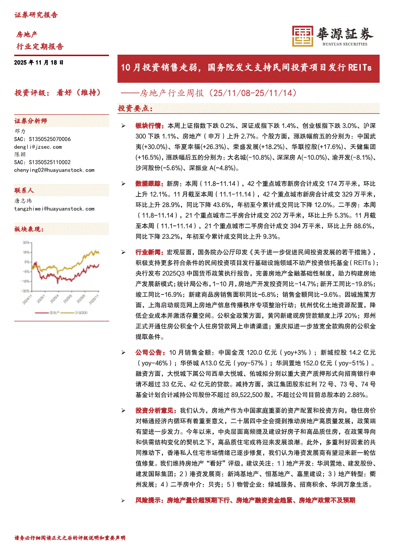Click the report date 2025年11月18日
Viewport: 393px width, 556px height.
(x=39, y=62)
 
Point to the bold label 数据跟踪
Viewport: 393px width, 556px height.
(x=148, y=183)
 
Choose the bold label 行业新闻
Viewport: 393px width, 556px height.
(x=148, y=252)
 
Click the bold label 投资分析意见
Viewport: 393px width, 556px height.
(x=155, y=410)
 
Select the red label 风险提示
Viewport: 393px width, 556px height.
(x=148, y=500)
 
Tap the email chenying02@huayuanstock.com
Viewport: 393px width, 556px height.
(x=54, y=170)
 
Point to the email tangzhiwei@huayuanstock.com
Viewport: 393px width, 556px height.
(x=54, y=208)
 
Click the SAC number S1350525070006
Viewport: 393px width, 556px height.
(x=42, y=139)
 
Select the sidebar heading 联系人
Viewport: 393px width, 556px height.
(x=24, y=190)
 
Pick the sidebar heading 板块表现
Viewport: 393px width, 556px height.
(x=27, y=229)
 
